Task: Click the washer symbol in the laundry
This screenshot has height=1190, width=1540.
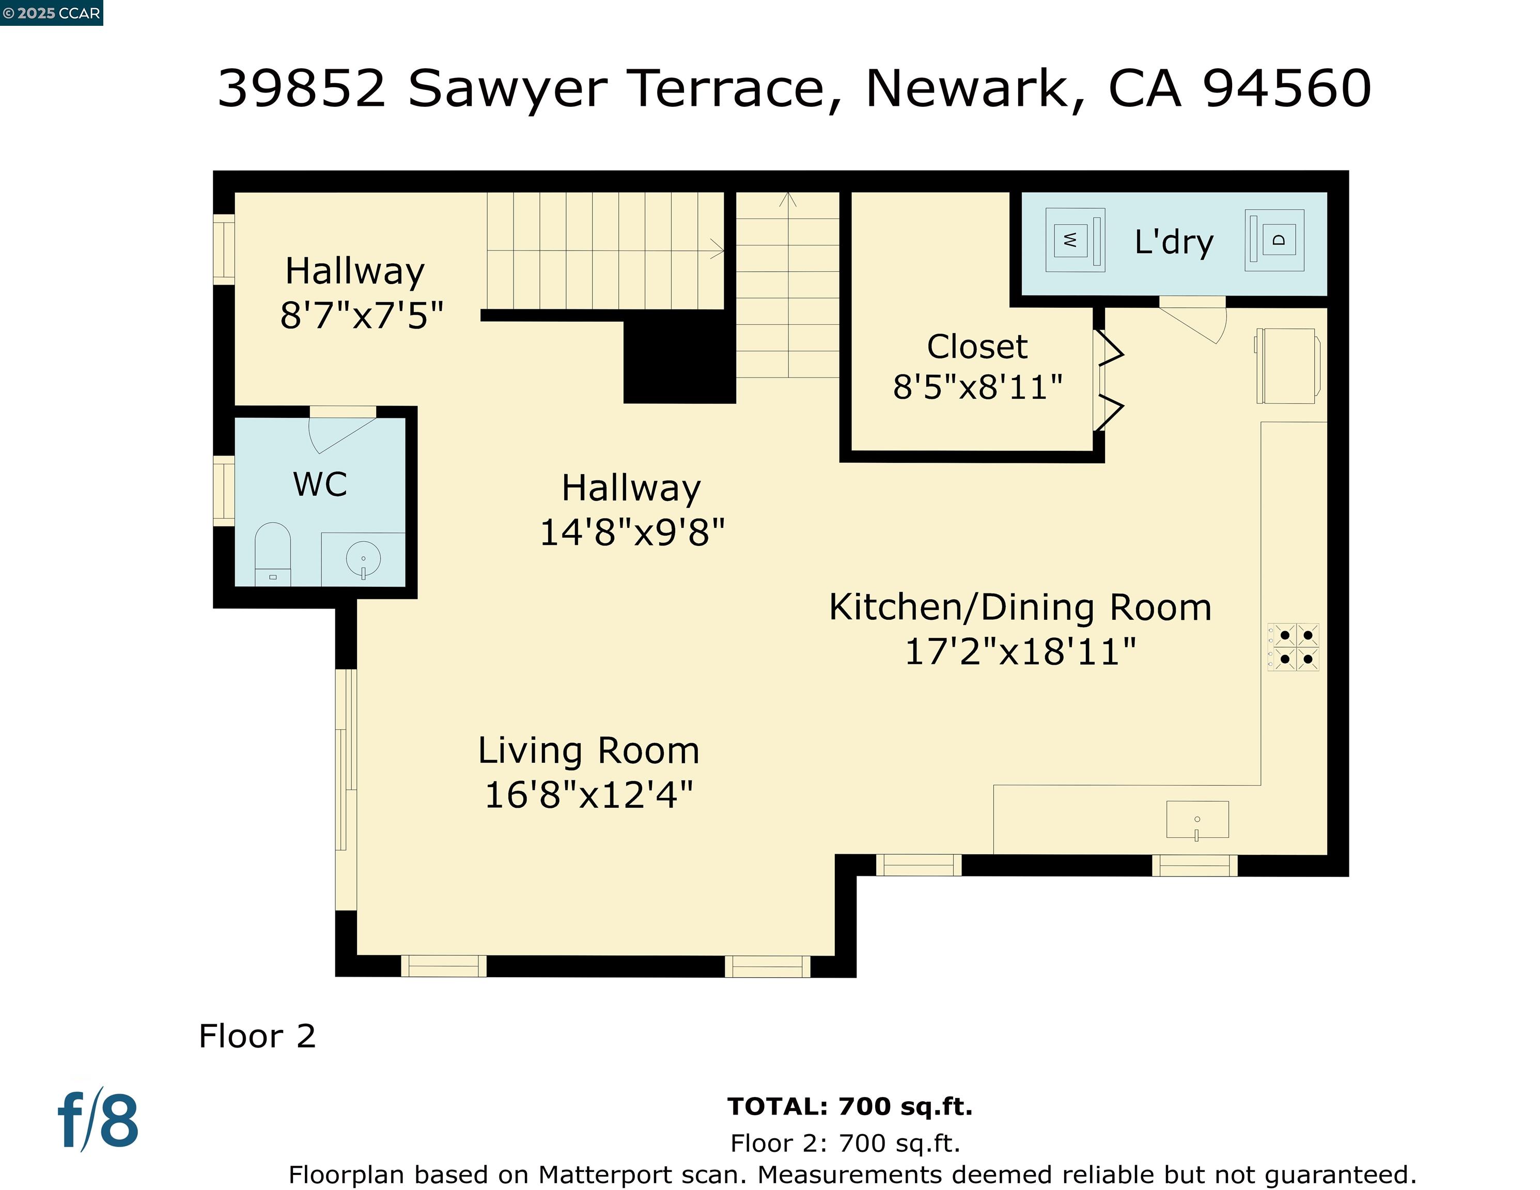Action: pos(1075,240)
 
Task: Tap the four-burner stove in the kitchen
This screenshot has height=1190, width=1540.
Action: pos(1293,647)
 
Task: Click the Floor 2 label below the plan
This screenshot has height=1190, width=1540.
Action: pos(257,1036)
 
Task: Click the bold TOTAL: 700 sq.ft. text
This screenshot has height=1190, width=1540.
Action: pos(850,1106)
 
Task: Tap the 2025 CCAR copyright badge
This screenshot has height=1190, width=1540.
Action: pos(52,13)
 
